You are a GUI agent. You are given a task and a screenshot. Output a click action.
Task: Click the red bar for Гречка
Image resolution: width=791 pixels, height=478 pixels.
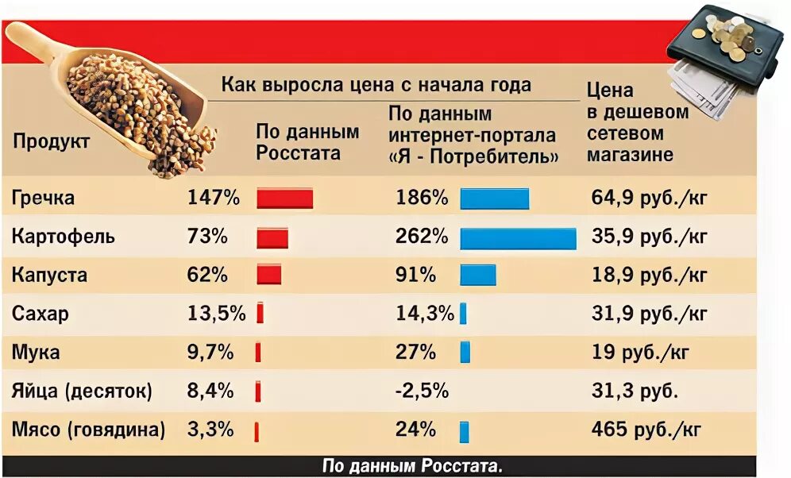click(x=284, y=199)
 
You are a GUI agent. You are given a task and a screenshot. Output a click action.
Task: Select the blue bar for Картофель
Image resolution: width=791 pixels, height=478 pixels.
click(x=518, y=237)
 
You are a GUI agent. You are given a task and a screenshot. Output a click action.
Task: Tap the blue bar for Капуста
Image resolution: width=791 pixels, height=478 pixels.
click(x=477, y=275)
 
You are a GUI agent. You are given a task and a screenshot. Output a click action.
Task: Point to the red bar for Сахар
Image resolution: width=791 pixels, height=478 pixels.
click(x=260, y=314)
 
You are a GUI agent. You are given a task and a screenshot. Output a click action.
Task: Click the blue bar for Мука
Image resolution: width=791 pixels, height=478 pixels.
click(x=465, y=352)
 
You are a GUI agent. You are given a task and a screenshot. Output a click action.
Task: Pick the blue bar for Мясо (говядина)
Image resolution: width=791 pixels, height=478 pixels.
click(x=464, y=431)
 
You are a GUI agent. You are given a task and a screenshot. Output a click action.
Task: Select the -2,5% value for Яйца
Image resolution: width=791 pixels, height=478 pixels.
click(x=422, y=391)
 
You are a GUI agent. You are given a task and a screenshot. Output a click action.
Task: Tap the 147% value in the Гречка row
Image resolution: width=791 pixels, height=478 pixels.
click(x=213, y=198)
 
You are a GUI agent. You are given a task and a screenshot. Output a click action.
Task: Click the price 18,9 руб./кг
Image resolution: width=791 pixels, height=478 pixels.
click(x=648, y=276)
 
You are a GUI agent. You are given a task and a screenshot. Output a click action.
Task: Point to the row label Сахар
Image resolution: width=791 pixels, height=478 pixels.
click(x=41, y=314)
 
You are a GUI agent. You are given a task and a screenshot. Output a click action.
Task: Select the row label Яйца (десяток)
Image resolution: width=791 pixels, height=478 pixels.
click(x=82, y=391)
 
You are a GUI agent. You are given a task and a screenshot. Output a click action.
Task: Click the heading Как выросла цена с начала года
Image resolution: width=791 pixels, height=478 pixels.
click(x=376, y=85)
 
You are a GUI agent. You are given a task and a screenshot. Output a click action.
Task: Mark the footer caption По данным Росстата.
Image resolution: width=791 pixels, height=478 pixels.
click(x=412, y=466)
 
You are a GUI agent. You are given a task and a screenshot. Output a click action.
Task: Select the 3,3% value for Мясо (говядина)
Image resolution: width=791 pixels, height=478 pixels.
click(x=210, y=430)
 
